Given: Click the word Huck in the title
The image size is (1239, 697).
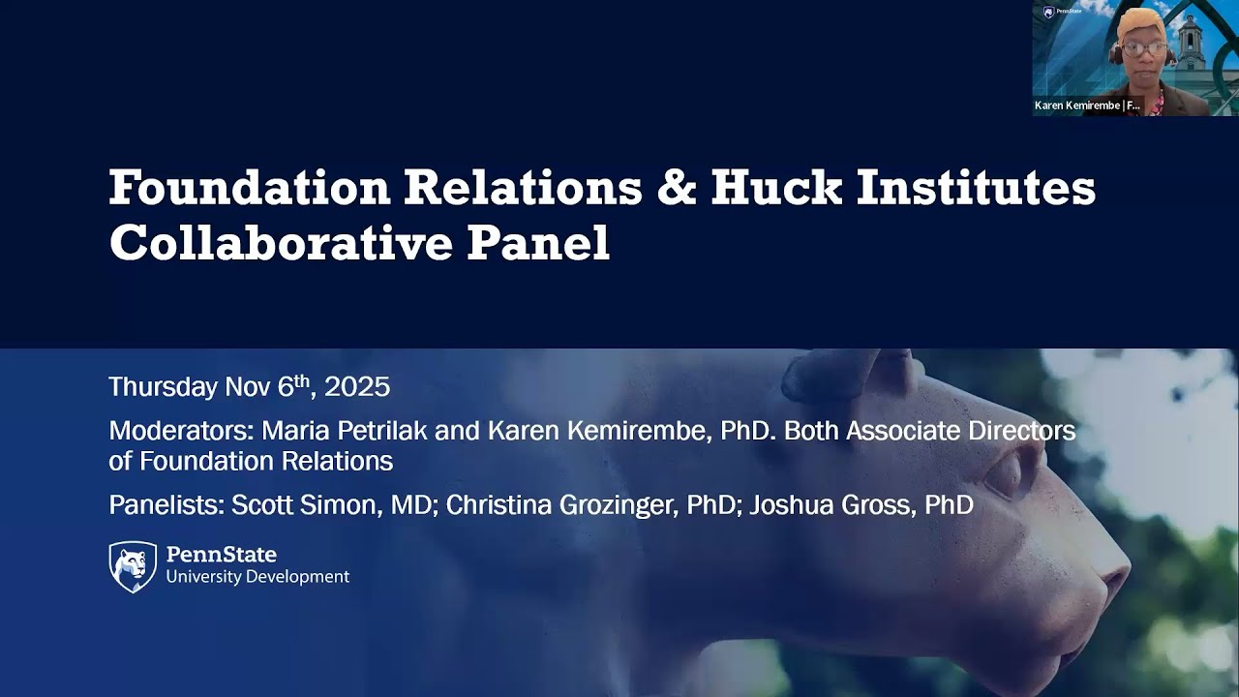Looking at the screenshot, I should coord(776,187).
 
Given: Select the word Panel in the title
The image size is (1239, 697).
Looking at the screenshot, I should coord(538,242).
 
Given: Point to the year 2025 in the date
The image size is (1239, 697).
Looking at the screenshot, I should coord(357,387).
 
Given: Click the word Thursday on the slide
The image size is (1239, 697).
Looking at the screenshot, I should coord(163,387).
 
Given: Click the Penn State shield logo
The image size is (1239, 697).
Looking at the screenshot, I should coord(133,566).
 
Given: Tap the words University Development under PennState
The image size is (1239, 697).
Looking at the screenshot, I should coord(257,577).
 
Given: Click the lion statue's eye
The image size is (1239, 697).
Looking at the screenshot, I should coord(1003,474).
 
